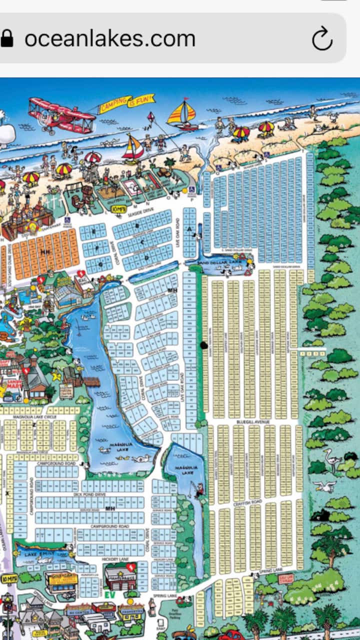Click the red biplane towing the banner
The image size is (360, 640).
[60, 114]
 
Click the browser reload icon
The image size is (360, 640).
[322, 39]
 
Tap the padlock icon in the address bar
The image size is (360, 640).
[7, 39]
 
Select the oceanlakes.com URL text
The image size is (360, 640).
[110, 39]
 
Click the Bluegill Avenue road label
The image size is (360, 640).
[252, 422]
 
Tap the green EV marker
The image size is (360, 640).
[111, 595]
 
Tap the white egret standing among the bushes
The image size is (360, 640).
[331, 458]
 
